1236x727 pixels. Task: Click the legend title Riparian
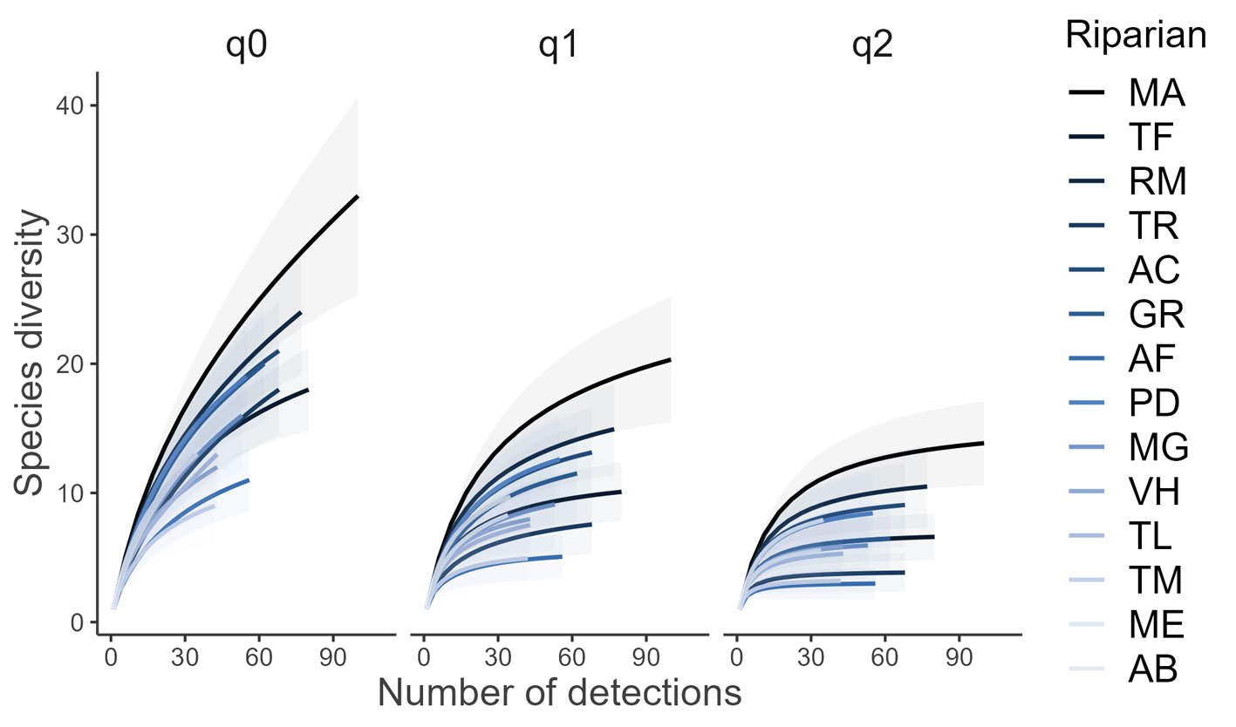point(1136,36)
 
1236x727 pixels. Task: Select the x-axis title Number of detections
point(559,693)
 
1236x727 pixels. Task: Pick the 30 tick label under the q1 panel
point(497,654)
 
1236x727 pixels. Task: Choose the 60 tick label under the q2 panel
point(884,654)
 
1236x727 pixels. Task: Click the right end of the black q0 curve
point(358,197)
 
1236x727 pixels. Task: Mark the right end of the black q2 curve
point(983,444)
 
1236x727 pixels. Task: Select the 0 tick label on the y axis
point(77,622)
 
